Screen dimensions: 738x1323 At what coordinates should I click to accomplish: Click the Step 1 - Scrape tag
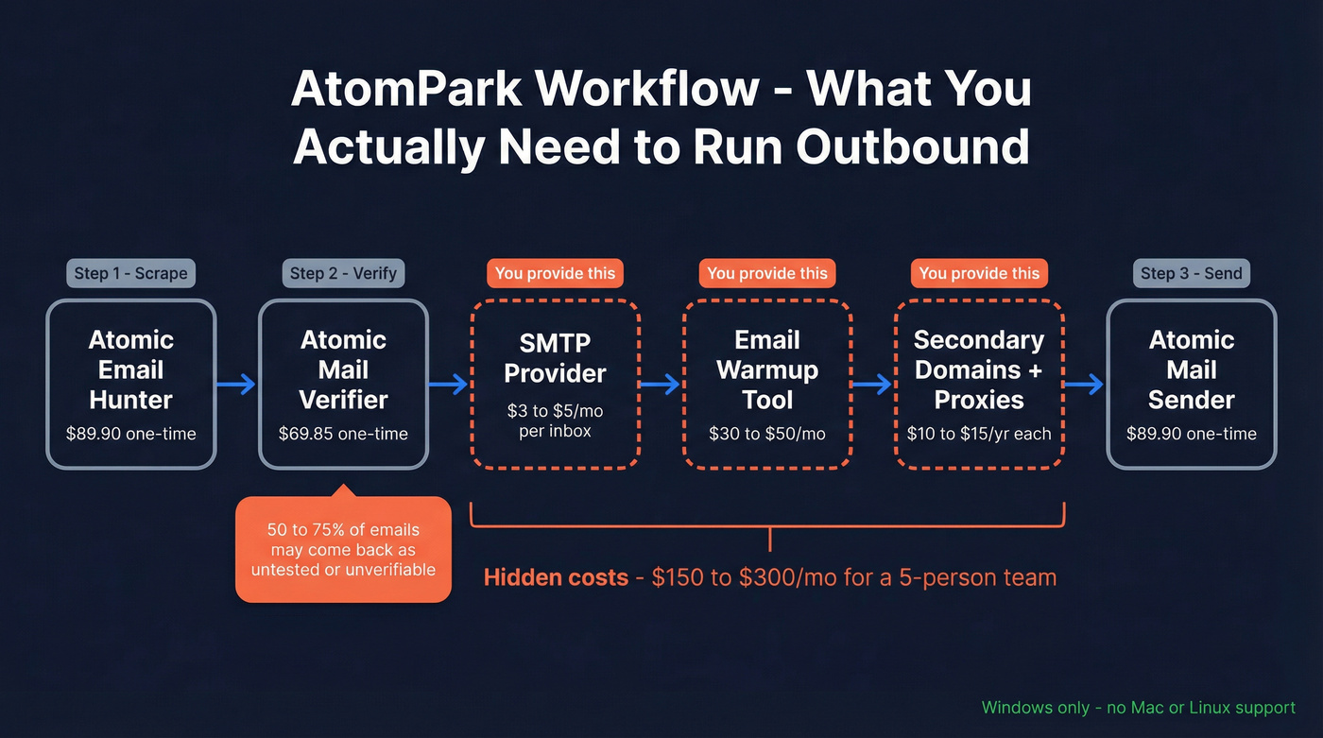tap(131, 273)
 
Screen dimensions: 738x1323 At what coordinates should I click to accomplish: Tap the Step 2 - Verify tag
tap(343, 273)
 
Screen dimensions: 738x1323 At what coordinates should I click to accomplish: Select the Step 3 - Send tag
tap(1191, 273)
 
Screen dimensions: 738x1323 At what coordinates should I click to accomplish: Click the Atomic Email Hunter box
tap(131, 384)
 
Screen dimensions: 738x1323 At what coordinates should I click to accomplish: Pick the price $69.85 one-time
tap(343, 434)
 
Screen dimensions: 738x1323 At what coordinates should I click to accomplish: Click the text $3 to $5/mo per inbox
tap(555, 420)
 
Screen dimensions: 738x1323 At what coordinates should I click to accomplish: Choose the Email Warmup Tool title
tap(766, 369)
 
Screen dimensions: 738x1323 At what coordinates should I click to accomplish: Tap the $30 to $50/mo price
tap(766, 434)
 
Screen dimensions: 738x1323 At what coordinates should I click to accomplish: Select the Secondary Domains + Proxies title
tap(979, 369)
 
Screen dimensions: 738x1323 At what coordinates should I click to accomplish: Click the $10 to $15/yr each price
tap(979, 434)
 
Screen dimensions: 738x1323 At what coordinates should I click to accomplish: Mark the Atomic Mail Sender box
tap(1191, 384)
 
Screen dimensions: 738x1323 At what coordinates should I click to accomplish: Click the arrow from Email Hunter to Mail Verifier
tap(236, 384)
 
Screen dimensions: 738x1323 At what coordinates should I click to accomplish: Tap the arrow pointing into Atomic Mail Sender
tap(1085, 384)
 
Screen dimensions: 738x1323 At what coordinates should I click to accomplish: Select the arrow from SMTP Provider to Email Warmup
tap(661, 384)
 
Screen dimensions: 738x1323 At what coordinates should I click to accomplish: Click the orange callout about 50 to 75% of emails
tap(343, 549)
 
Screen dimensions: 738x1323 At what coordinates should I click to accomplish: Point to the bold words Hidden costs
tap(556, 576)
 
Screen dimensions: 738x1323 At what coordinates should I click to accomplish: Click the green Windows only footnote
tap(1138, 707)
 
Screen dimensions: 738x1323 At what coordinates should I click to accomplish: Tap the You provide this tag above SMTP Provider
tap(555, 273)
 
